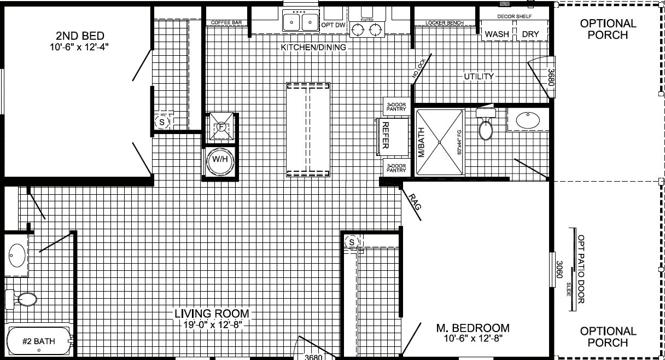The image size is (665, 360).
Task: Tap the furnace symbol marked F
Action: pyautogui.click(x=221, y=127)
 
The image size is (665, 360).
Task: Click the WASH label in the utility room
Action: pyautogui.click(x=497, y=34)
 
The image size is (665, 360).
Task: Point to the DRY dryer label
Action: pyautogui.click(x=530, y=34)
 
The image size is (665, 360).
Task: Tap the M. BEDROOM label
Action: pyautogui.click(x=473, y=328)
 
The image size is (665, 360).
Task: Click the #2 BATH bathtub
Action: pyautogui.click(x=39, y=342)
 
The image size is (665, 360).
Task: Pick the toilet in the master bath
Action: pyautogui.click(x=486, y=125)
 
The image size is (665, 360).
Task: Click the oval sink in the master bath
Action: pyautogui.click(x=527, y=120)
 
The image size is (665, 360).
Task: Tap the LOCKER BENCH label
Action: pyautogui.click(x=445, y=23)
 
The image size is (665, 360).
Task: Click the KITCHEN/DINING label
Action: pyautogui.click(x=313, y=48)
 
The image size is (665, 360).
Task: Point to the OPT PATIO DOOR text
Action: pyautogui.click(x=581, y=269)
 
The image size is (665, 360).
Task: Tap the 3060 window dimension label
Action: pyautogui.click(x=559, y=269)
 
